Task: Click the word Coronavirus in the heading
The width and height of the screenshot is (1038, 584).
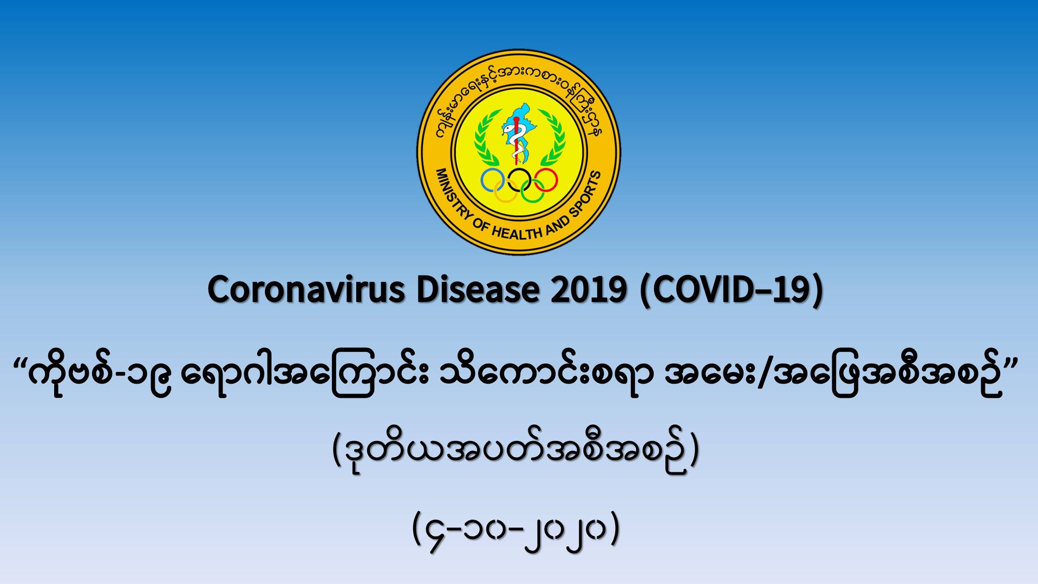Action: click(306, 290)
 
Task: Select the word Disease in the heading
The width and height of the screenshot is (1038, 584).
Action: click(478, 290)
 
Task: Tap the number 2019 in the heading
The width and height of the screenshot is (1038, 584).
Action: click(589, 290)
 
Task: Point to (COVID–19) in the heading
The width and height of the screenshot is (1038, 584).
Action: click(732, 291)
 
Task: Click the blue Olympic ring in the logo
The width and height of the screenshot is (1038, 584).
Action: click(482, 180)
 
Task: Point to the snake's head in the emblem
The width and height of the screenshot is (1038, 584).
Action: click(507, 129)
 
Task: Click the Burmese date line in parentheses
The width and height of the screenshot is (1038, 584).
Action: click(516, 530)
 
